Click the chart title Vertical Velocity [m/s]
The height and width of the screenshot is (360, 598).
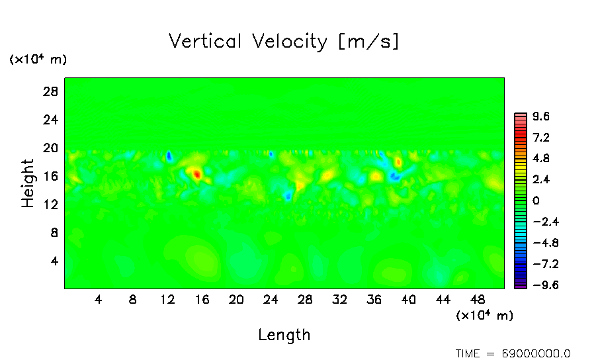point(284,42)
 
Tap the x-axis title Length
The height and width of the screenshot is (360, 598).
point(284,335)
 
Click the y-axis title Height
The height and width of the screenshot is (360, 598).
point(28,183)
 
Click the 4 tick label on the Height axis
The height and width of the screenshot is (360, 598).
point(55,261)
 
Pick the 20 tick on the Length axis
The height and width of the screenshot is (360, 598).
point(236,300)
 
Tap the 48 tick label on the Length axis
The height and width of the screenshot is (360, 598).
point(477,300)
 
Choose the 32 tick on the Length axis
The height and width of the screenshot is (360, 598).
point(339,300)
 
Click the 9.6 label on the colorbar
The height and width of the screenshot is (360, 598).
point(541,116)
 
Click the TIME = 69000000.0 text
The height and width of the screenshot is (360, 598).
point(513,353)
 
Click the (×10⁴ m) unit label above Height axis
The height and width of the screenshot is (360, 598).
point(38,60)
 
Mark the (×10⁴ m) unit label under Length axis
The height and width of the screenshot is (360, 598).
point(484,316)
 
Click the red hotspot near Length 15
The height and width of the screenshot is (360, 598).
point(196,174)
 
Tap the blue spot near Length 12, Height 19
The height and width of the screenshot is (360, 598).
point(169,156)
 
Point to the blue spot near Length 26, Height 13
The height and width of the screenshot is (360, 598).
point(288,196)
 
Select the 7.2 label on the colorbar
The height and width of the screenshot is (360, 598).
point(541,138)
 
